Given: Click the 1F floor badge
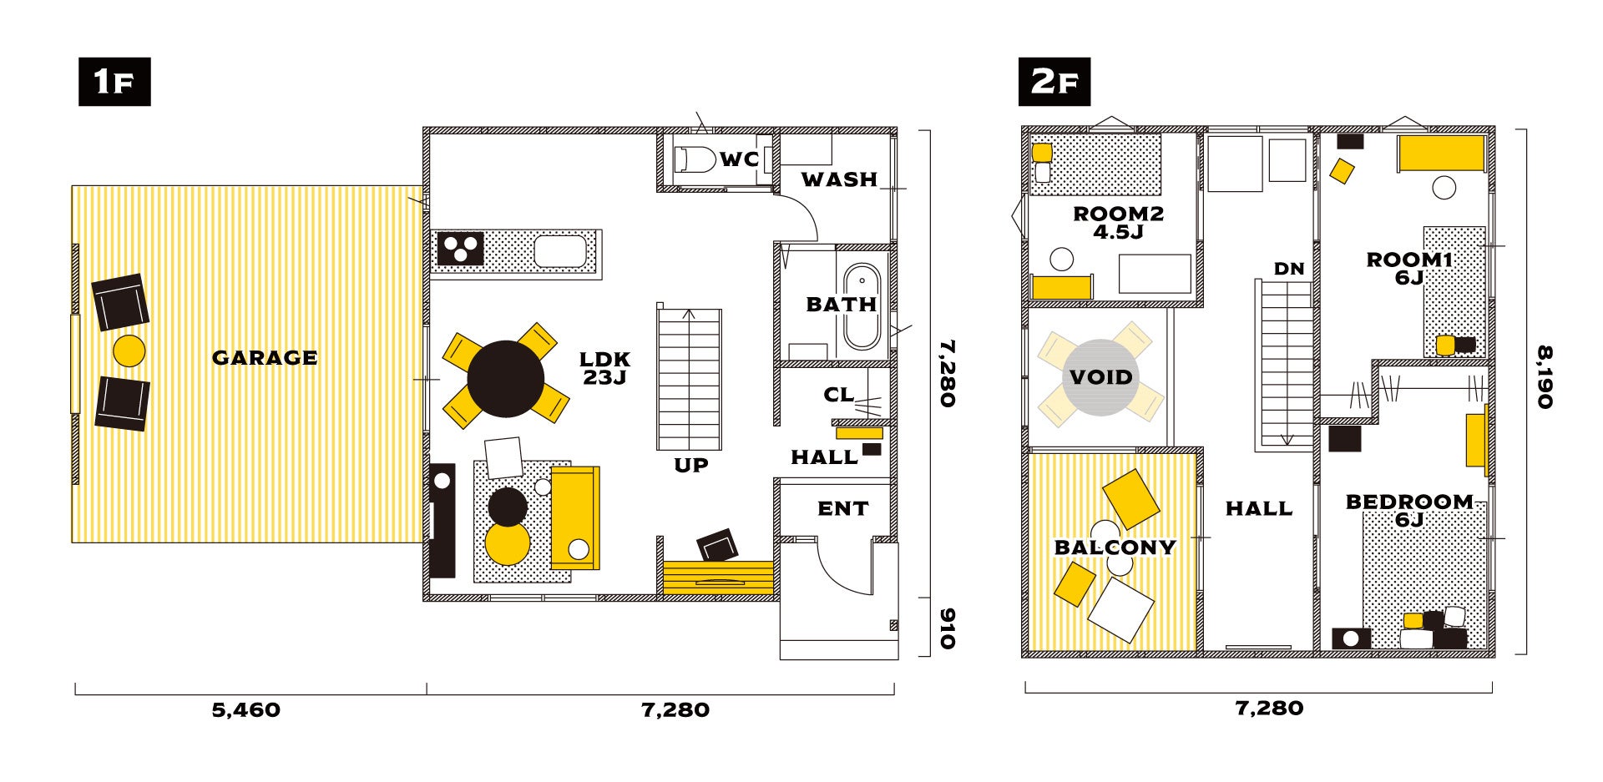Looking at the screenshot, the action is tap(114, 82).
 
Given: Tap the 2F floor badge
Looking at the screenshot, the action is tap(1054, 82).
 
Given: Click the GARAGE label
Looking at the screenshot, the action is tap(265, 358).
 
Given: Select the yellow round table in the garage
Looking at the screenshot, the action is tap(129, 351).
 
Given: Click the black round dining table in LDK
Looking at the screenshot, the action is tap(505, 379).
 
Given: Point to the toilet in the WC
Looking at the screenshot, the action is tap(695, 159).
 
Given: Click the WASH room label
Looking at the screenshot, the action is tap(839, 179).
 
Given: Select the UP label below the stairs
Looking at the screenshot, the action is tap(691, 466).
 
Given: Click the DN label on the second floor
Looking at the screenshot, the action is tap(1289, 269).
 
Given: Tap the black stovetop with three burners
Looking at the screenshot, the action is tap(460, 249).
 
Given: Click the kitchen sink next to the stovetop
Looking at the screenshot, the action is tap(560, 251).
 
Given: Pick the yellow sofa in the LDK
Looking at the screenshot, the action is tap(575, 518).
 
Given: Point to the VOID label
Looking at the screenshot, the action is tap(1101, 377).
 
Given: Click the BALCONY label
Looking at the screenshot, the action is tap(1115, 547).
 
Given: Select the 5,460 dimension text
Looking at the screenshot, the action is tap(245, 710).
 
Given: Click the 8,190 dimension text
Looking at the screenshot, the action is tap(1545, 377).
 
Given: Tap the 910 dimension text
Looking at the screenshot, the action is tap(948, 628).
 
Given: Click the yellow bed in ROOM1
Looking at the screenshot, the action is tap(1442, 154).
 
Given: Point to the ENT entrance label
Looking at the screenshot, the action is tap(842, 508).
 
